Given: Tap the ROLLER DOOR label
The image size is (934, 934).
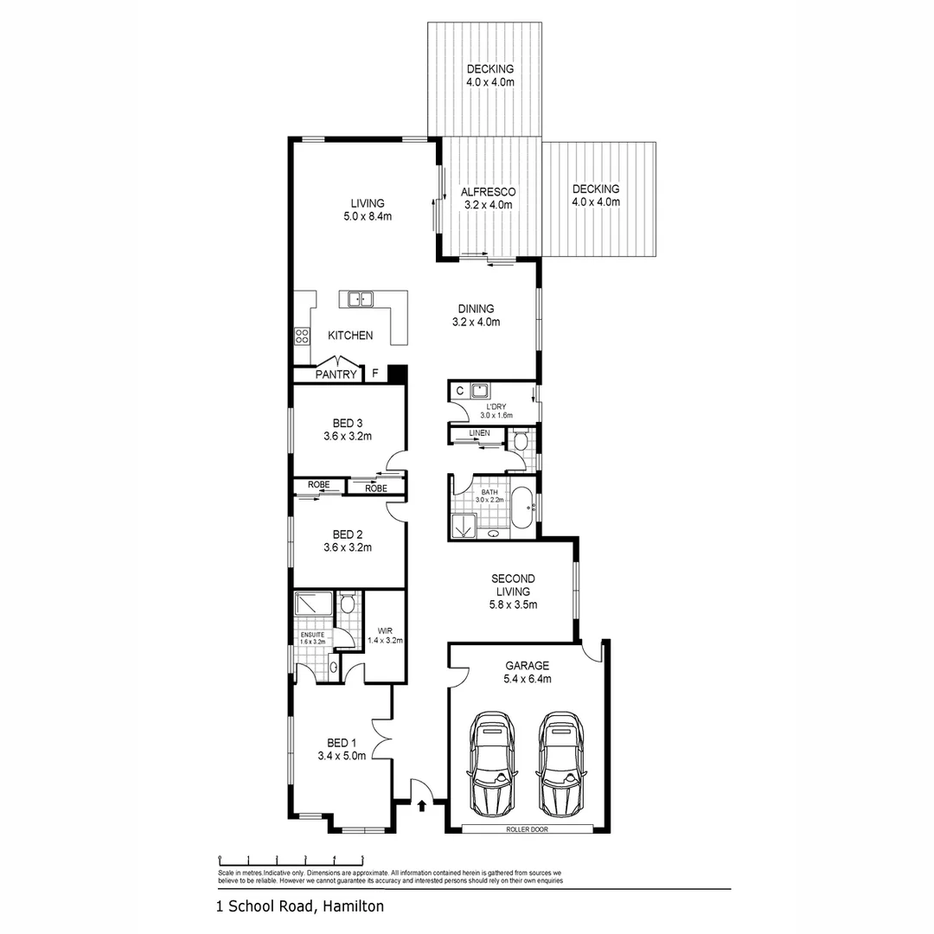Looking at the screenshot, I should (527, 829).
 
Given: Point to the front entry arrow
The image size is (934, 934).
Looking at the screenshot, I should (421, 806).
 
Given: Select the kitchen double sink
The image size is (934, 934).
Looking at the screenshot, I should (361, 300).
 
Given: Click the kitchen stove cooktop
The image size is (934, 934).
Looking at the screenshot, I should (302, 335).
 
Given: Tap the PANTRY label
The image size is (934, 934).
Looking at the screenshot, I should (336, 374).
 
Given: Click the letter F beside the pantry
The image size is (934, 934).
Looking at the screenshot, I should (374, 374).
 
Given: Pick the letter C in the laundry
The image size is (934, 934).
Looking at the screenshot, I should (458, 391).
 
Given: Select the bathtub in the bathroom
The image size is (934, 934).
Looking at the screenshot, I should (522, 508).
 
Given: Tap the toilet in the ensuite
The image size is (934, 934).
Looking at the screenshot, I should (347, 603).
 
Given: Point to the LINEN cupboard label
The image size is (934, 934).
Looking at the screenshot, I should (479, 432).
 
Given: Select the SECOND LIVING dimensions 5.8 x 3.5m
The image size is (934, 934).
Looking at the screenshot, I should (513, 605).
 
